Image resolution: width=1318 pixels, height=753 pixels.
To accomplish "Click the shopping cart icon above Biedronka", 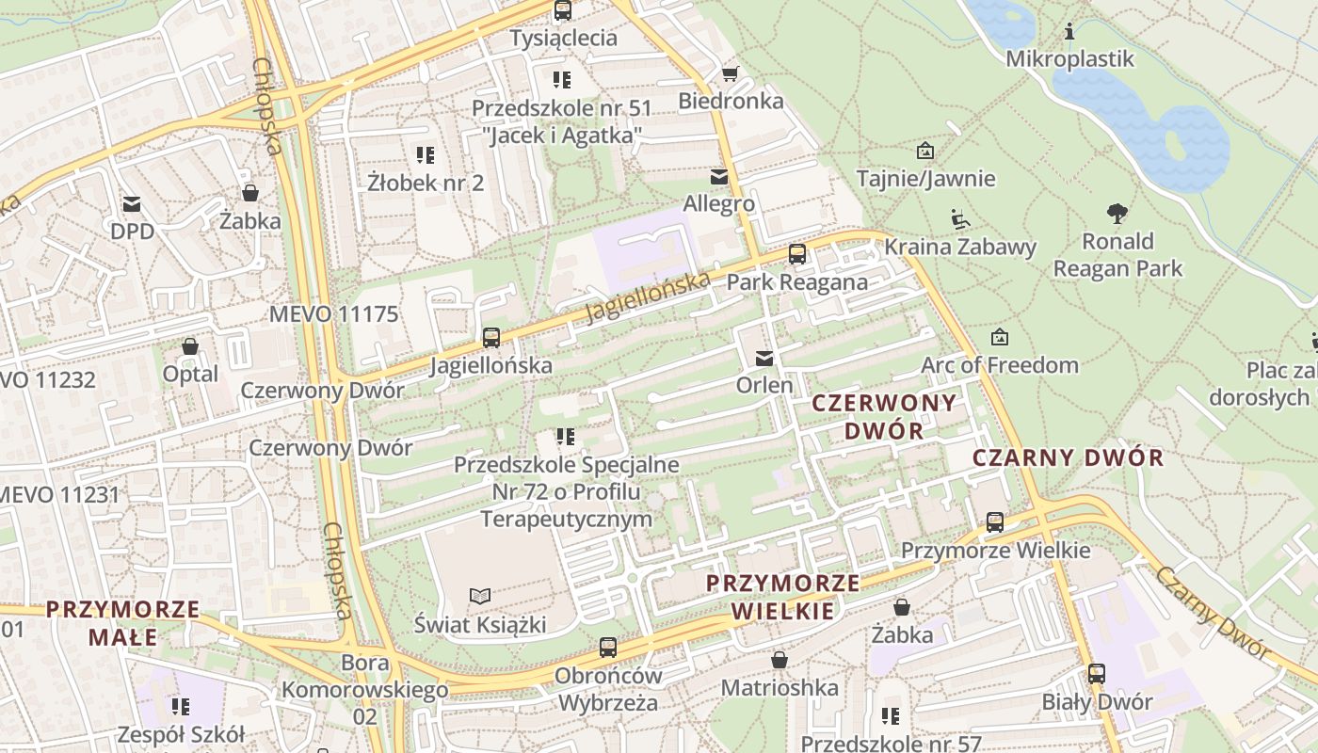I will [x=730, y=73].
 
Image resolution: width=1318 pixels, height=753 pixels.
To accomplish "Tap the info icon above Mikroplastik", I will [x=1069, y=32].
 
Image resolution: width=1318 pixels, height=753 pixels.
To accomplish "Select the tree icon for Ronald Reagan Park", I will [x=1117, y=214].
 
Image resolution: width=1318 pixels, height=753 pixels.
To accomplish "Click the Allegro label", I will [x=719, y=203].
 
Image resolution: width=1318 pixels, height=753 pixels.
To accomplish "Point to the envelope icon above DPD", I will [x=131, y=204].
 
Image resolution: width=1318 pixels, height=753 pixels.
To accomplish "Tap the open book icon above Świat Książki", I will [x=480, y=596].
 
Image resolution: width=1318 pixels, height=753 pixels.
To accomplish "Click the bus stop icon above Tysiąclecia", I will [x=563, y=10].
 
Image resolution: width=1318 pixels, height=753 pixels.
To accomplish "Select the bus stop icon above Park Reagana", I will [x=797, y=254].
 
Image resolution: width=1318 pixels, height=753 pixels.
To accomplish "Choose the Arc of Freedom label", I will [x=1000, y=364].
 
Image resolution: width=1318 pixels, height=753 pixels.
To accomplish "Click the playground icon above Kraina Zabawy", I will [x=959, y=219].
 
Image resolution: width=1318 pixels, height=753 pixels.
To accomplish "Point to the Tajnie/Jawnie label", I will [x=925, y=178].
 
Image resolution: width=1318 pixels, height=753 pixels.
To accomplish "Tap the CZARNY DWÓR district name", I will [x=1068, y=458].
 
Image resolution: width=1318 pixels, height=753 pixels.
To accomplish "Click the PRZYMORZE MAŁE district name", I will [x=123, y=623].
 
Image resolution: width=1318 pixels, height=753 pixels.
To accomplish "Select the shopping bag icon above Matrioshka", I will [x=780, y=660].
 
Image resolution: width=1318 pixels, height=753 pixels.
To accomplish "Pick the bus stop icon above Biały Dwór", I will [x=1097, y=674].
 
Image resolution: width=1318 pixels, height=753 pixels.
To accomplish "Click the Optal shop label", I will [x=190, y=374].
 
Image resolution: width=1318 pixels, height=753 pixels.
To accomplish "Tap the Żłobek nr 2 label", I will [x=426, y=183].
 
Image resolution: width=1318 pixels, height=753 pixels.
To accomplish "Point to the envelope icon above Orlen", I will [x=764, y=359].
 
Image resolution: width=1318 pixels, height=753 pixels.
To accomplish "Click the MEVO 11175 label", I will [x=333, y=314].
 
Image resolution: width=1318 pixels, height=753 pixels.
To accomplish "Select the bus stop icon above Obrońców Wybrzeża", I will [x=608, y=648].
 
